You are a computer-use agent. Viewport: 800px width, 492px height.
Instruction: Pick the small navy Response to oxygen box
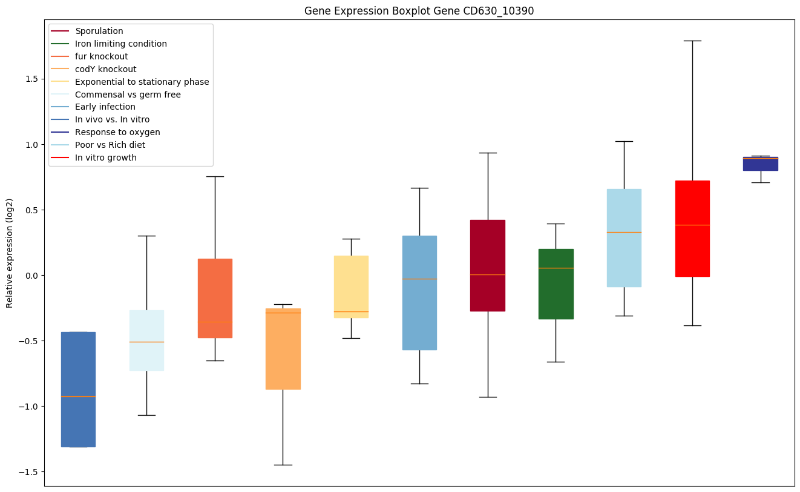(x=760, y=164)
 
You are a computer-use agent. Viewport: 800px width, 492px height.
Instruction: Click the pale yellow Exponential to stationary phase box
(x=351, y=287)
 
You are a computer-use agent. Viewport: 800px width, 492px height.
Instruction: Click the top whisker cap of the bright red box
(x=692, y=41)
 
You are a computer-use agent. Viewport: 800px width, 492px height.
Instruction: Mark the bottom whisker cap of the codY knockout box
(x=283, y=465)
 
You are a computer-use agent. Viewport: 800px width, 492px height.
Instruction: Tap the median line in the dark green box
(x=556, y=268)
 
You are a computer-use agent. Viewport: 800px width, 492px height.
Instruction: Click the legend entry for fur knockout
(x=101, y=56)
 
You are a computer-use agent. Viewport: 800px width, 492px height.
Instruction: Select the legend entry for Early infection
(x=105, y=107)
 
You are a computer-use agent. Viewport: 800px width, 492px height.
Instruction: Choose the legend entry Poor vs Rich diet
(x=110, y=145)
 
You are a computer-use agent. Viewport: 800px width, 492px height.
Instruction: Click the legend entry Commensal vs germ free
(x=128, y=95)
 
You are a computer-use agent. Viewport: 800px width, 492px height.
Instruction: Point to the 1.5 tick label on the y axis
(x=31, y=79)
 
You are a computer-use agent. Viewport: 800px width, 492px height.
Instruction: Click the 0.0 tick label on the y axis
(x=31, y=276)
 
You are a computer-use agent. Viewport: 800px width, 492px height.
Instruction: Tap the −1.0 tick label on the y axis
(x=28, y=407)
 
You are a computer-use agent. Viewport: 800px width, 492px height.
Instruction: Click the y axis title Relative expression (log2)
(x=10, y=253)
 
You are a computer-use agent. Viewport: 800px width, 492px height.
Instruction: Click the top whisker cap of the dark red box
(x=487, y=153)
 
